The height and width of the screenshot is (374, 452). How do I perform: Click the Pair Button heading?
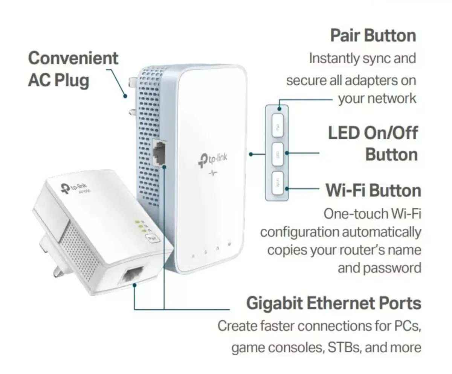pos(373,36)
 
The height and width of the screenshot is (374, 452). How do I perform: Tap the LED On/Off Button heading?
pos(373,144)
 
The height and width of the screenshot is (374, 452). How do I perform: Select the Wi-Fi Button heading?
pos(373,190)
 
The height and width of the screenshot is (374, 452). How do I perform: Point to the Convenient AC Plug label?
pos(73,69)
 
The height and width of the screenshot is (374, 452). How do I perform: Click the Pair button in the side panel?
pos(278,126)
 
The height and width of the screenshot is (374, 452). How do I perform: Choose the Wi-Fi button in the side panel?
pos(278,183)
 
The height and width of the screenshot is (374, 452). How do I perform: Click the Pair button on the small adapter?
pos(153,238)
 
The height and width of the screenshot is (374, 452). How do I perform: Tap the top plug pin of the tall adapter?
pos(133,81)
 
